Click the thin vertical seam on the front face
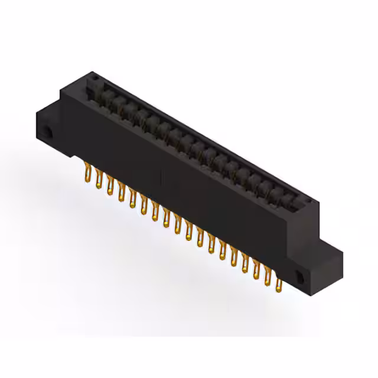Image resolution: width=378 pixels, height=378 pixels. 160,177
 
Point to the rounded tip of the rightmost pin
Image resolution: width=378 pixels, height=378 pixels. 279,290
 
